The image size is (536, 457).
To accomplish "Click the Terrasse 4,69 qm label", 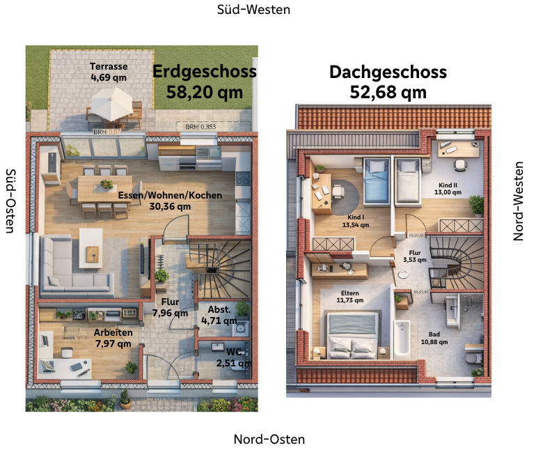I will coord(109,72).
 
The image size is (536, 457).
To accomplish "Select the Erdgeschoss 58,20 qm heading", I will coord(205,82).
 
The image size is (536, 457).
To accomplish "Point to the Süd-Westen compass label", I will coord(253,10).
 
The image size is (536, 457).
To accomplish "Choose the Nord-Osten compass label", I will coord(269,440).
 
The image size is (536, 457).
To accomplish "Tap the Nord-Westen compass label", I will coord(518,201).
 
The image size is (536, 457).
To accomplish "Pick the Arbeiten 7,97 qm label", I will coord(113,338).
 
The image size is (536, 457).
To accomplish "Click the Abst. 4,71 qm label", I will coord(215,315).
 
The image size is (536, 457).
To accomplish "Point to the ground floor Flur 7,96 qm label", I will coord(171,307).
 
